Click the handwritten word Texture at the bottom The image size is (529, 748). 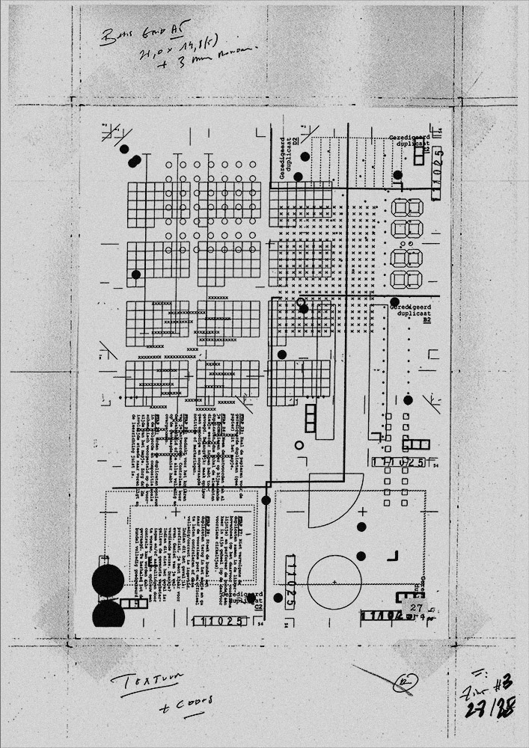(x=142, y=681)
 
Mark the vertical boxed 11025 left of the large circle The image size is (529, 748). (x=292, y=583)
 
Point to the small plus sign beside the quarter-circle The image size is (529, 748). (x=362, y=512)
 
